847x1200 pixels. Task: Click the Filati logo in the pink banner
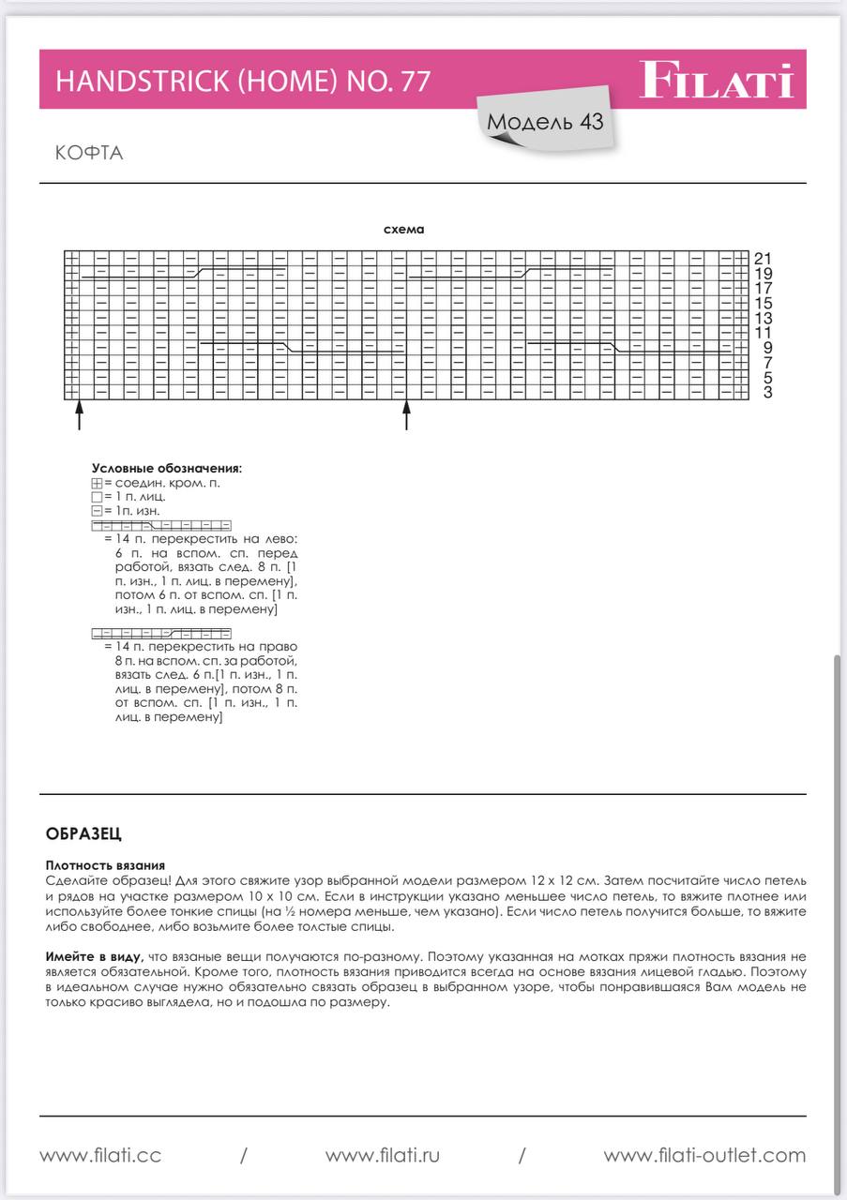pos(717,81)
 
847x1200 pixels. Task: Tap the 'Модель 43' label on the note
pos(545,123)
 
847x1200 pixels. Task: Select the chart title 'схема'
pos(404,230)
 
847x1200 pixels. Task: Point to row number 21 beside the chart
pos(763,258)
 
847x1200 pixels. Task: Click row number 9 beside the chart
pos(767,348)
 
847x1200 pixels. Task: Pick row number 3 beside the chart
pos(767,392)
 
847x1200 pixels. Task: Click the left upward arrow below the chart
pos(79,414)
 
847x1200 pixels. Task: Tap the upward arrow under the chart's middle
pos(406,414)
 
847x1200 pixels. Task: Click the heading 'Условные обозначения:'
pos(166,468)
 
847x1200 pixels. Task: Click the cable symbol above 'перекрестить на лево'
pos(161,526)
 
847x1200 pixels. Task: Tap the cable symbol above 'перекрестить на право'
pos(161,634)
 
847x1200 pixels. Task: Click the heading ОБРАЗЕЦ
pos(83,833)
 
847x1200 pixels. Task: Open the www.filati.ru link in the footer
pos(383,1156)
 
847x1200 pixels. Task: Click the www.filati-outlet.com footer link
pos(704,1156)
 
